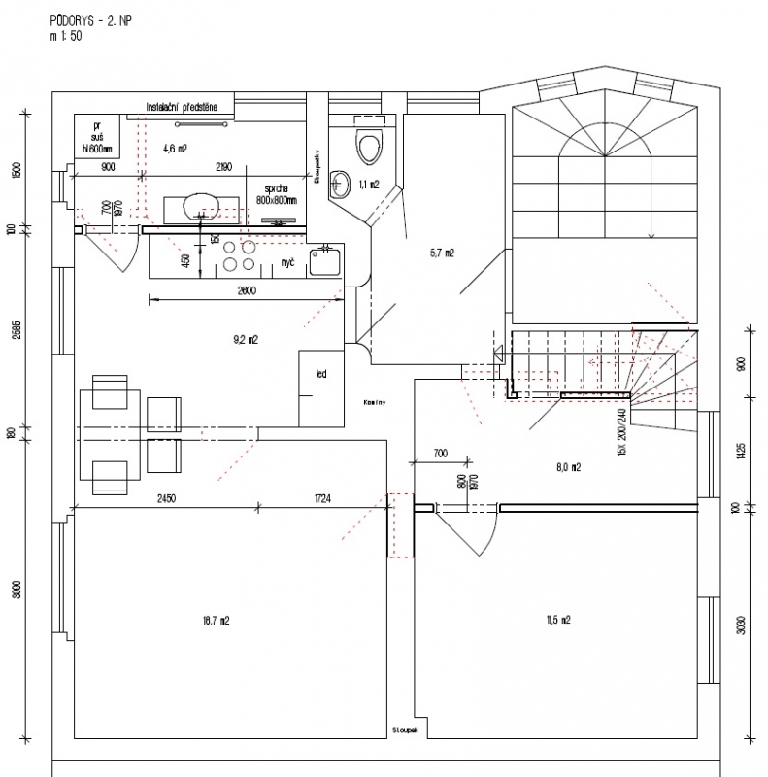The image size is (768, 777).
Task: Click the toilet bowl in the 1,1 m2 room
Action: [368, 148]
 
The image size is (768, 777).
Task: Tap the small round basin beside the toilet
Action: [339, 181]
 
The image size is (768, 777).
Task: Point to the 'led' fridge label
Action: [319, 373]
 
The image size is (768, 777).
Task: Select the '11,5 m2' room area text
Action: [558, 619]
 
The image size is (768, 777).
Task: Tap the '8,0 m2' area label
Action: [568, 467]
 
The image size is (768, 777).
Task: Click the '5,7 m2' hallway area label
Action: [443, 253]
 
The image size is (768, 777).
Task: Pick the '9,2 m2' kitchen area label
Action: [245, 340]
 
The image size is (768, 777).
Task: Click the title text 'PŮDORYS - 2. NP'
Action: [94, 19]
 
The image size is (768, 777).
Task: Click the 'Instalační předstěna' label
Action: [187, 106]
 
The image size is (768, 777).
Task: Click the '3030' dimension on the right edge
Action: [741, 622]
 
